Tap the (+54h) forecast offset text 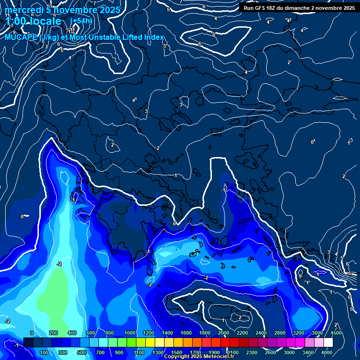tap(81, 21)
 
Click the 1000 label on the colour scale tap(129, 333)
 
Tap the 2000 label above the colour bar tap(224, 333)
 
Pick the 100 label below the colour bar tap(45, 352)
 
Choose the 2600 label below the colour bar tap(270, 352)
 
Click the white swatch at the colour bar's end tap(328, 343)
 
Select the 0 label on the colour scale tap(31, 333)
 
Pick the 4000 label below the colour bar tap(327, 352)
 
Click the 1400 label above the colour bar tap(167, 333)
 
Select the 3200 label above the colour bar tap(299, 333)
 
